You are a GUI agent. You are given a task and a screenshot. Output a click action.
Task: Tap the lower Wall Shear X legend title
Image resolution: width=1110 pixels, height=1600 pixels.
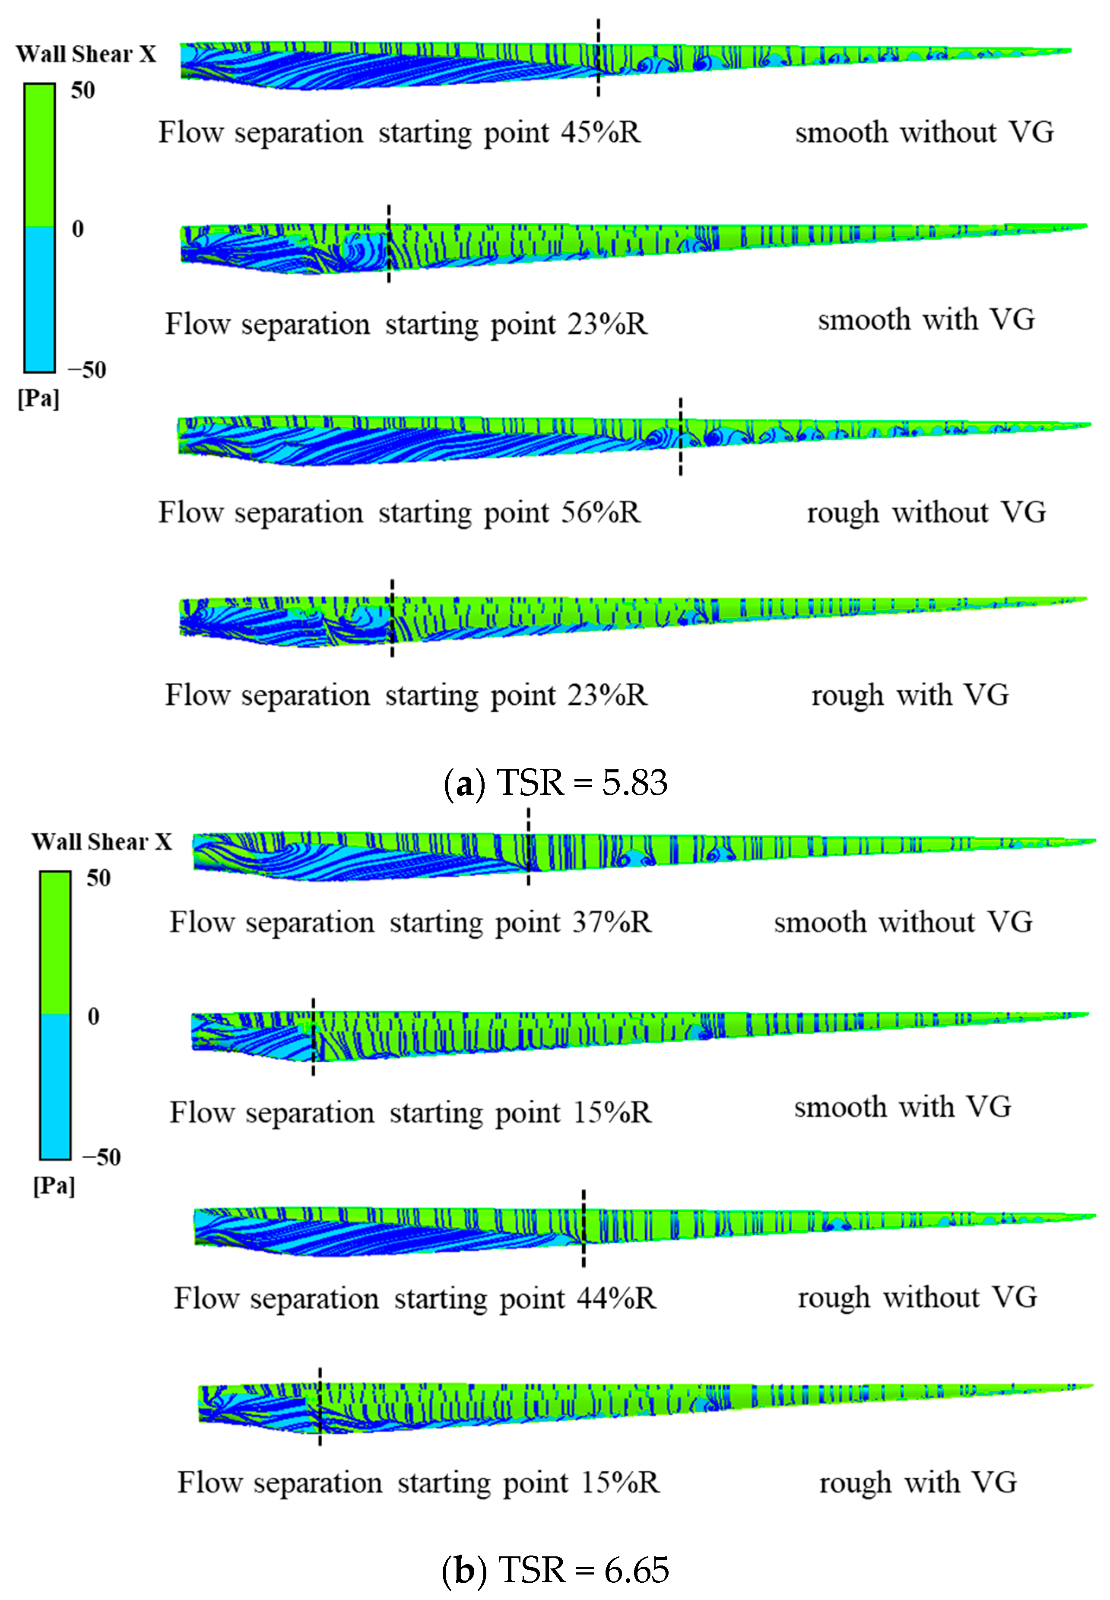(x=101, y=842)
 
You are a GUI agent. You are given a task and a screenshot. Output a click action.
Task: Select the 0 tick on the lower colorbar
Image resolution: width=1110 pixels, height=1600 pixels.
(x=93, y=1016)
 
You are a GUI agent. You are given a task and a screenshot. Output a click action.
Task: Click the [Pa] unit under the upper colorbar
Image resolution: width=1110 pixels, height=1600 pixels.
(x=38, y=399)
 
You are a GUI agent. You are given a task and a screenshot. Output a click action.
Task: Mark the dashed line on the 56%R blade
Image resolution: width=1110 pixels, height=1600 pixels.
(x=680, y=437)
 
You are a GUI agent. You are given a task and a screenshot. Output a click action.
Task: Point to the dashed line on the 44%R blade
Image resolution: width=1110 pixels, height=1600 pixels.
(x=584, y=1228)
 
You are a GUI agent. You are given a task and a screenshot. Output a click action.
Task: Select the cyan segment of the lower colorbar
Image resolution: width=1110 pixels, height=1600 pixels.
(x=55, y=1085)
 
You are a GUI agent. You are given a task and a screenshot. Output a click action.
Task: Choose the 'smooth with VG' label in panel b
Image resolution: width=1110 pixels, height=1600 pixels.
(x=903, y=1107)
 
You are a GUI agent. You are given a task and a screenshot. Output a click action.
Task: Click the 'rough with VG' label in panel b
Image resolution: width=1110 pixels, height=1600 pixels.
(x=917, y=1483)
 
